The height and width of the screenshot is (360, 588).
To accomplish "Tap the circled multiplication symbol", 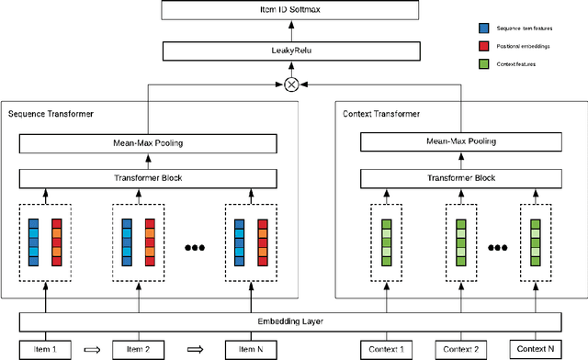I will click(x=293, y=84).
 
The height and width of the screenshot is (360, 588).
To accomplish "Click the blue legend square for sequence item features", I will click(x=485, y=28).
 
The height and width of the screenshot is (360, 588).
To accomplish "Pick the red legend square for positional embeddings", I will click(x=485, y=45).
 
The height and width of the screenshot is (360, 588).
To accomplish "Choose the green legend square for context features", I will click(x=485, y=62).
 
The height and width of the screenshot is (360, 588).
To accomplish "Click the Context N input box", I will click(x=536, y=349).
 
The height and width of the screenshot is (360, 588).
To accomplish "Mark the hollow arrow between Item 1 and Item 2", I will click(x=89, y=349).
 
